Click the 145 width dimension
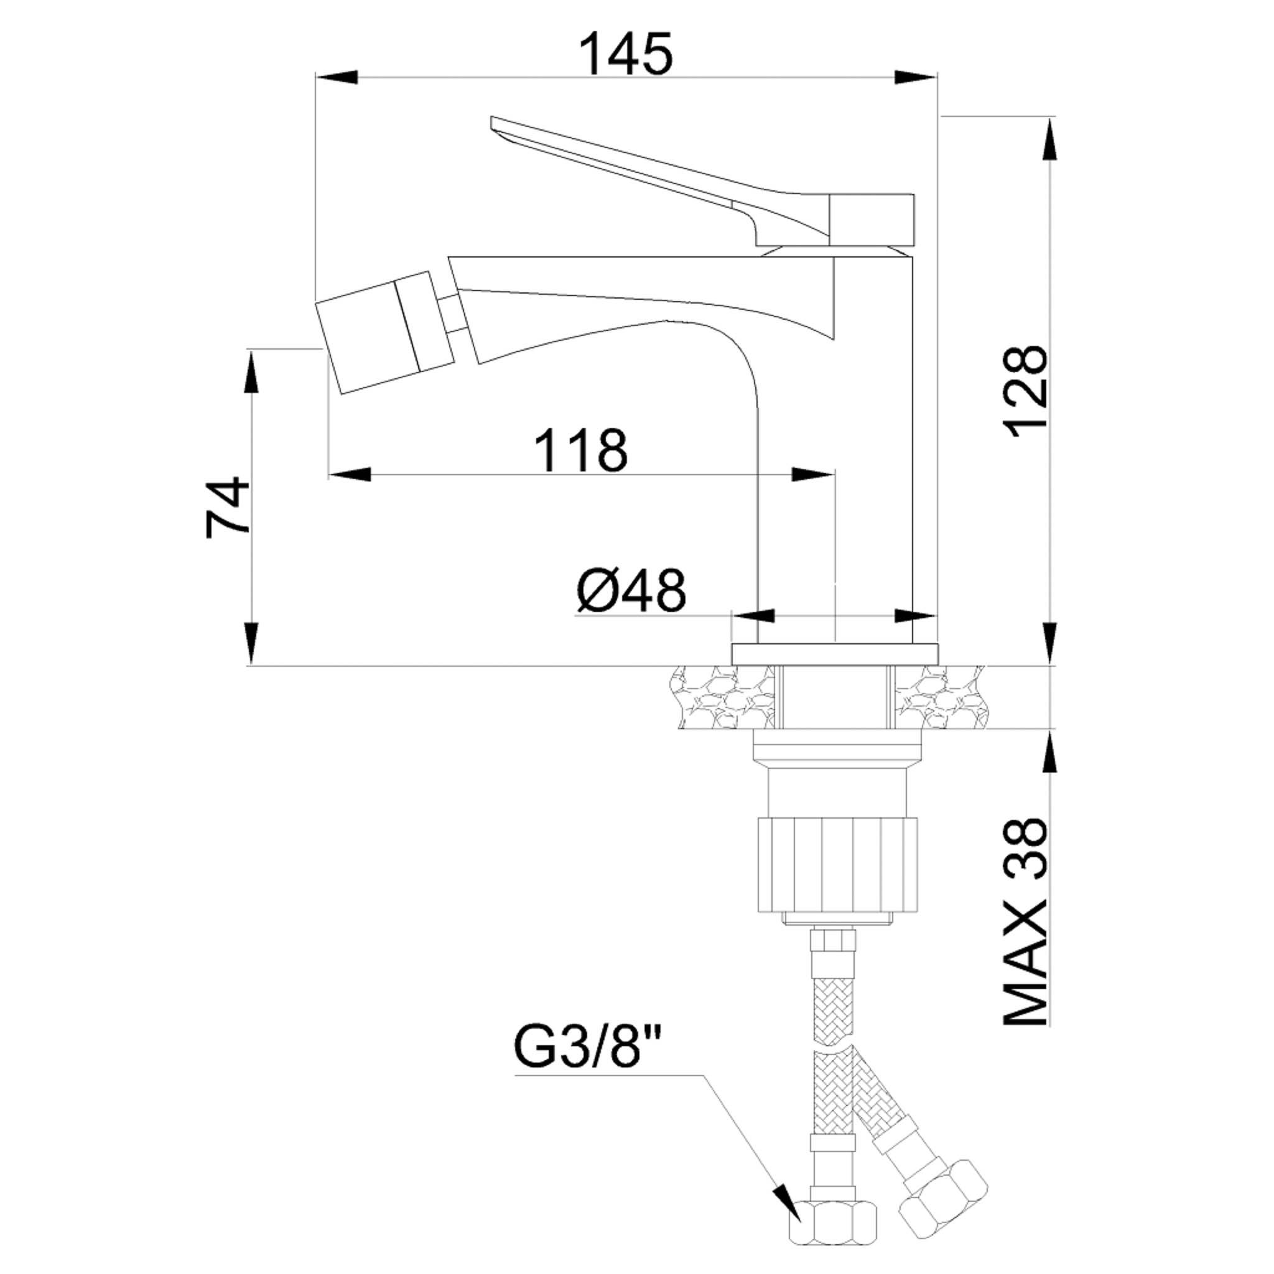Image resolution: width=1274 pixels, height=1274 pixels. (626, 55)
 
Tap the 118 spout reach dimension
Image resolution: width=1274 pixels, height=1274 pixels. (580, 450)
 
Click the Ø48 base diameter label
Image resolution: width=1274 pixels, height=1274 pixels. (630, 590)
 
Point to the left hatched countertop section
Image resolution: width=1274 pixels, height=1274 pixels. (722, 696)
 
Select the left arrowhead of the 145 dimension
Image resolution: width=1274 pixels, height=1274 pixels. (337, 77)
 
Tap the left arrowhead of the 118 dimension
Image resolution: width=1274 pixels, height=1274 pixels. (350, 474)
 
